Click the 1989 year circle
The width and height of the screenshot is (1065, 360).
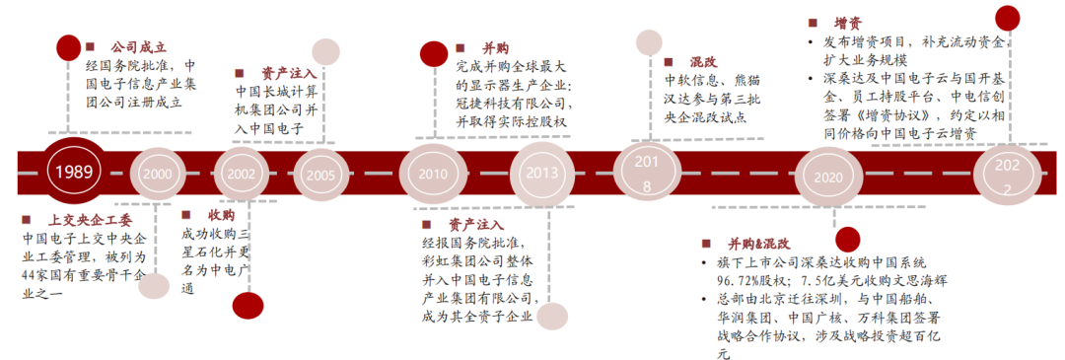(74, 172)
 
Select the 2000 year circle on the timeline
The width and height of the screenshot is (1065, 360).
(157, 173)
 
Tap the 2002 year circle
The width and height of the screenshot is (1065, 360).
(241, 173)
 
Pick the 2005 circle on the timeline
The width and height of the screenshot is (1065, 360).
(319, 173)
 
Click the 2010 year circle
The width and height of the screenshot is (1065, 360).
(432, 173)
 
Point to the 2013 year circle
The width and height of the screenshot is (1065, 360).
(540, 173)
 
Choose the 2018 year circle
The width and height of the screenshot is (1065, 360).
(647, 173)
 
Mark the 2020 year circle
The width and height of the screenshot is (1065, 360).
(828, 175)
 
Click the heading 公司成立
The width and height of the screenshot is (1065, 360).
(138, 46)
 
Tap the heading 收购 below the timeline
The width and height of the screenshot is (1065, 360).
(221, 215)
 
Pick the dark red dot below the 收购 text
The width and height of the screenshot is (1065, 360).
(248, 307)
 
